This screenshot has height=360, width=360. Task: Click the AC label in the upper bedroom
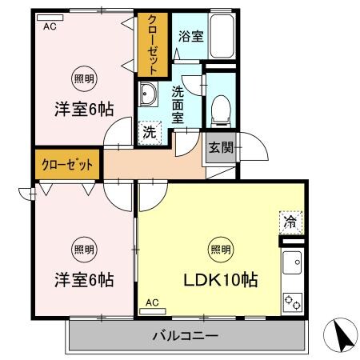(50, 26)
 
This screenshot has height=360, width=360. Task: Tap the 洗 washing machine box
(150, 133)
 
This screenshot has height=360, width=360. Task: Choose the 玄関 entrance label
(222, 147)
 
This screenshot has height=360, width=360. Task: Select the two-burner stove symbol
(292, 303)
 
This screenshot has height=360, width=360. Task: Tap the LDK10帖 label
(222, 281)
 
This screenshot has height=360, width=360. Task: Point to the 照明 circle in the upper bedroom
(83, 78)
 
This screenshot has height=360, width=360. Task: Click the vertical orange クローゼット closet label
(150, 44)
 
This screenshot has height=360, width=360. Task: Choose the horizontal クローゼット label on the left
(66, 164)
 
